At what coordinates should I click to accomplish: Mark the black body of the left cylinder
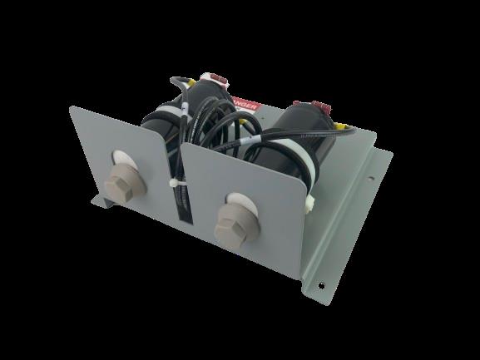(x=166, y=116)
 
